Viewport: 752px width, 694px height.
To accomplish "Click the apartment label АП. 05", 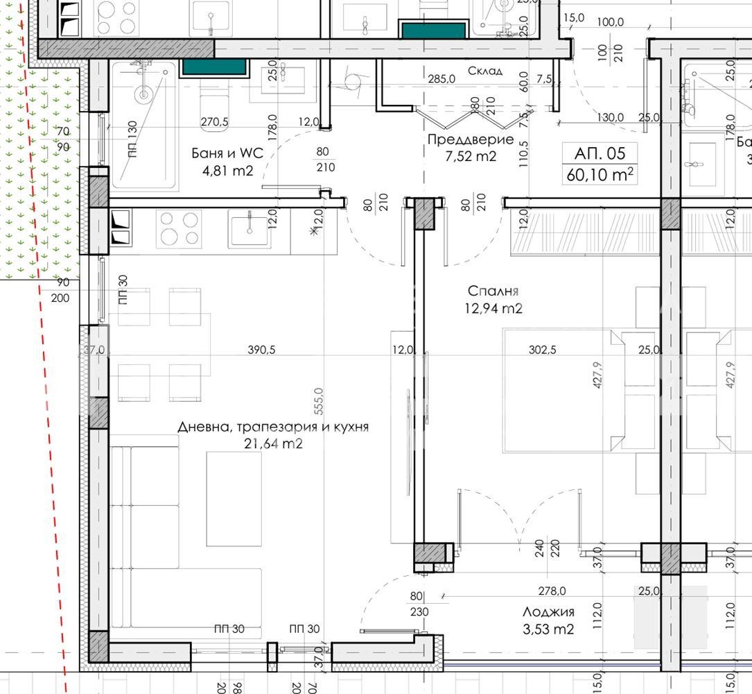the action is [600, 153].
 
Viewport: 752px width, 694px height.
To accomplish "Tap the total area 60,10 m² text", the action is [600, 174].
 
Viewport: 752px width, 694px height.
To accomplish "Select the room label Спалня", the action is [493, 291].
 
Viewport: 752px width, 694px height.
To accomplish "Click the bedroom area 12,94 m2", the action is [493, 308].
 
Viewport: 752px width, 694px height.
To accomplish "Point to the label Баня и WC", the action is [227, 153].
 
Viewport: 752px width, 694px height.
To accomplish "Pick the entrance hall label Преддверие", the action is [471, 139].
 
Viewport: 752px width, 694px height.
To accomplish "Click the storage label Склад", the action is [485, 71].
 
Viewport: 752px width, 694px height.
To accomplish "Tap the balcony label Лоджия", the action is [548, 612].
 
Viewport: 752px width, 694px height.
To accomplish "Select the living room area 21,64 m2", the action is [273, 443].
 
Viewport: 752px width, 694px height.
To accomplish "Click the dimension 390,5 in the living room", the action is [261, 350].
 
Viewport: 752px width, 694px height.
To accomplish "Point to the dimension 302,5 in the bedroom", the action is [543, 350].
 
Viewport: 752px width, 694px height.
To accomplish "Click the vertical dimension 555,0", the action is [319, 402].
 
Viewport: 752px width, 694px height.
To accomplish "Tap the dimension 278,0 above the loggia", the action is [552, 591].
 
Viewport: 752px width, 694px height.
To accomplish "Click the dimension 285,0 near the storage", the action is [441, 78].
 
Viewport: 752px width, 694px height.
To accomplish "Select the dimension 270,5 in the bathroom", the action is [214, 122].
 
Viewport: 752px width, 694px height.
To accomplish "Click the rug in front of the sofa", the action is [234, 498].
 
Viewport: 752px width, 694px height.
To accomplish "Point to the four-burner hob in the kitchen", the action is [178, 228].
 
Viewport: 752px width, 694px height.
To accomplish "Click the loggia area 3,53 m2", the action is [548, 629].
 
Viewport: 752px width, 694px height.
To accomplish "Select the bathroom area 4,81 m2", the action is [227, 171].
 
